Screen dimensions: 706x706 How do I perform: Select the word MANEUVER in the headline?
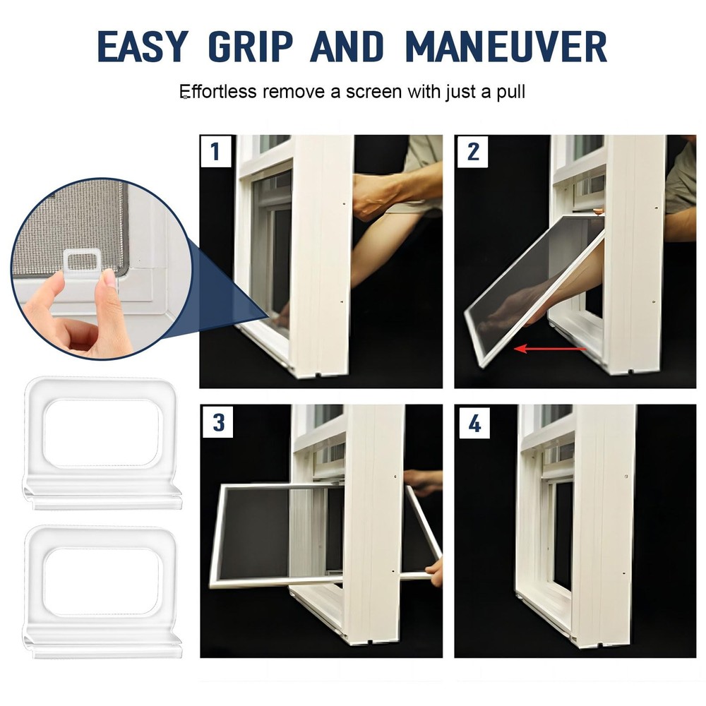click(x=506, y=47)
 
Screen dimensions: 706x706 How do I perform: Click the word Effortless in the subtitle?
click(x=217, y=92)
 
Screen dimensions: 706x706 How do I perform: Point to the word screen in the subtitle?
click(x=378, y=92)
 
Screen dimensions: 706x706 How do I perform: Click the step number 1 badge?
click(x=215, y=152)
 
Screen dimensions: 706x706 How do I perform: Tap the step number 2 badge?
click(x=472, y=152)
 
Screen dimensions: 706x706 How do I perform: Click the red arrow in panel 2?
click(x=550, y=348)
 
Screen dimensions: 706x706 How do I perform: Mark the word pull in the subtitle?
click(x=511, y=92)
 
